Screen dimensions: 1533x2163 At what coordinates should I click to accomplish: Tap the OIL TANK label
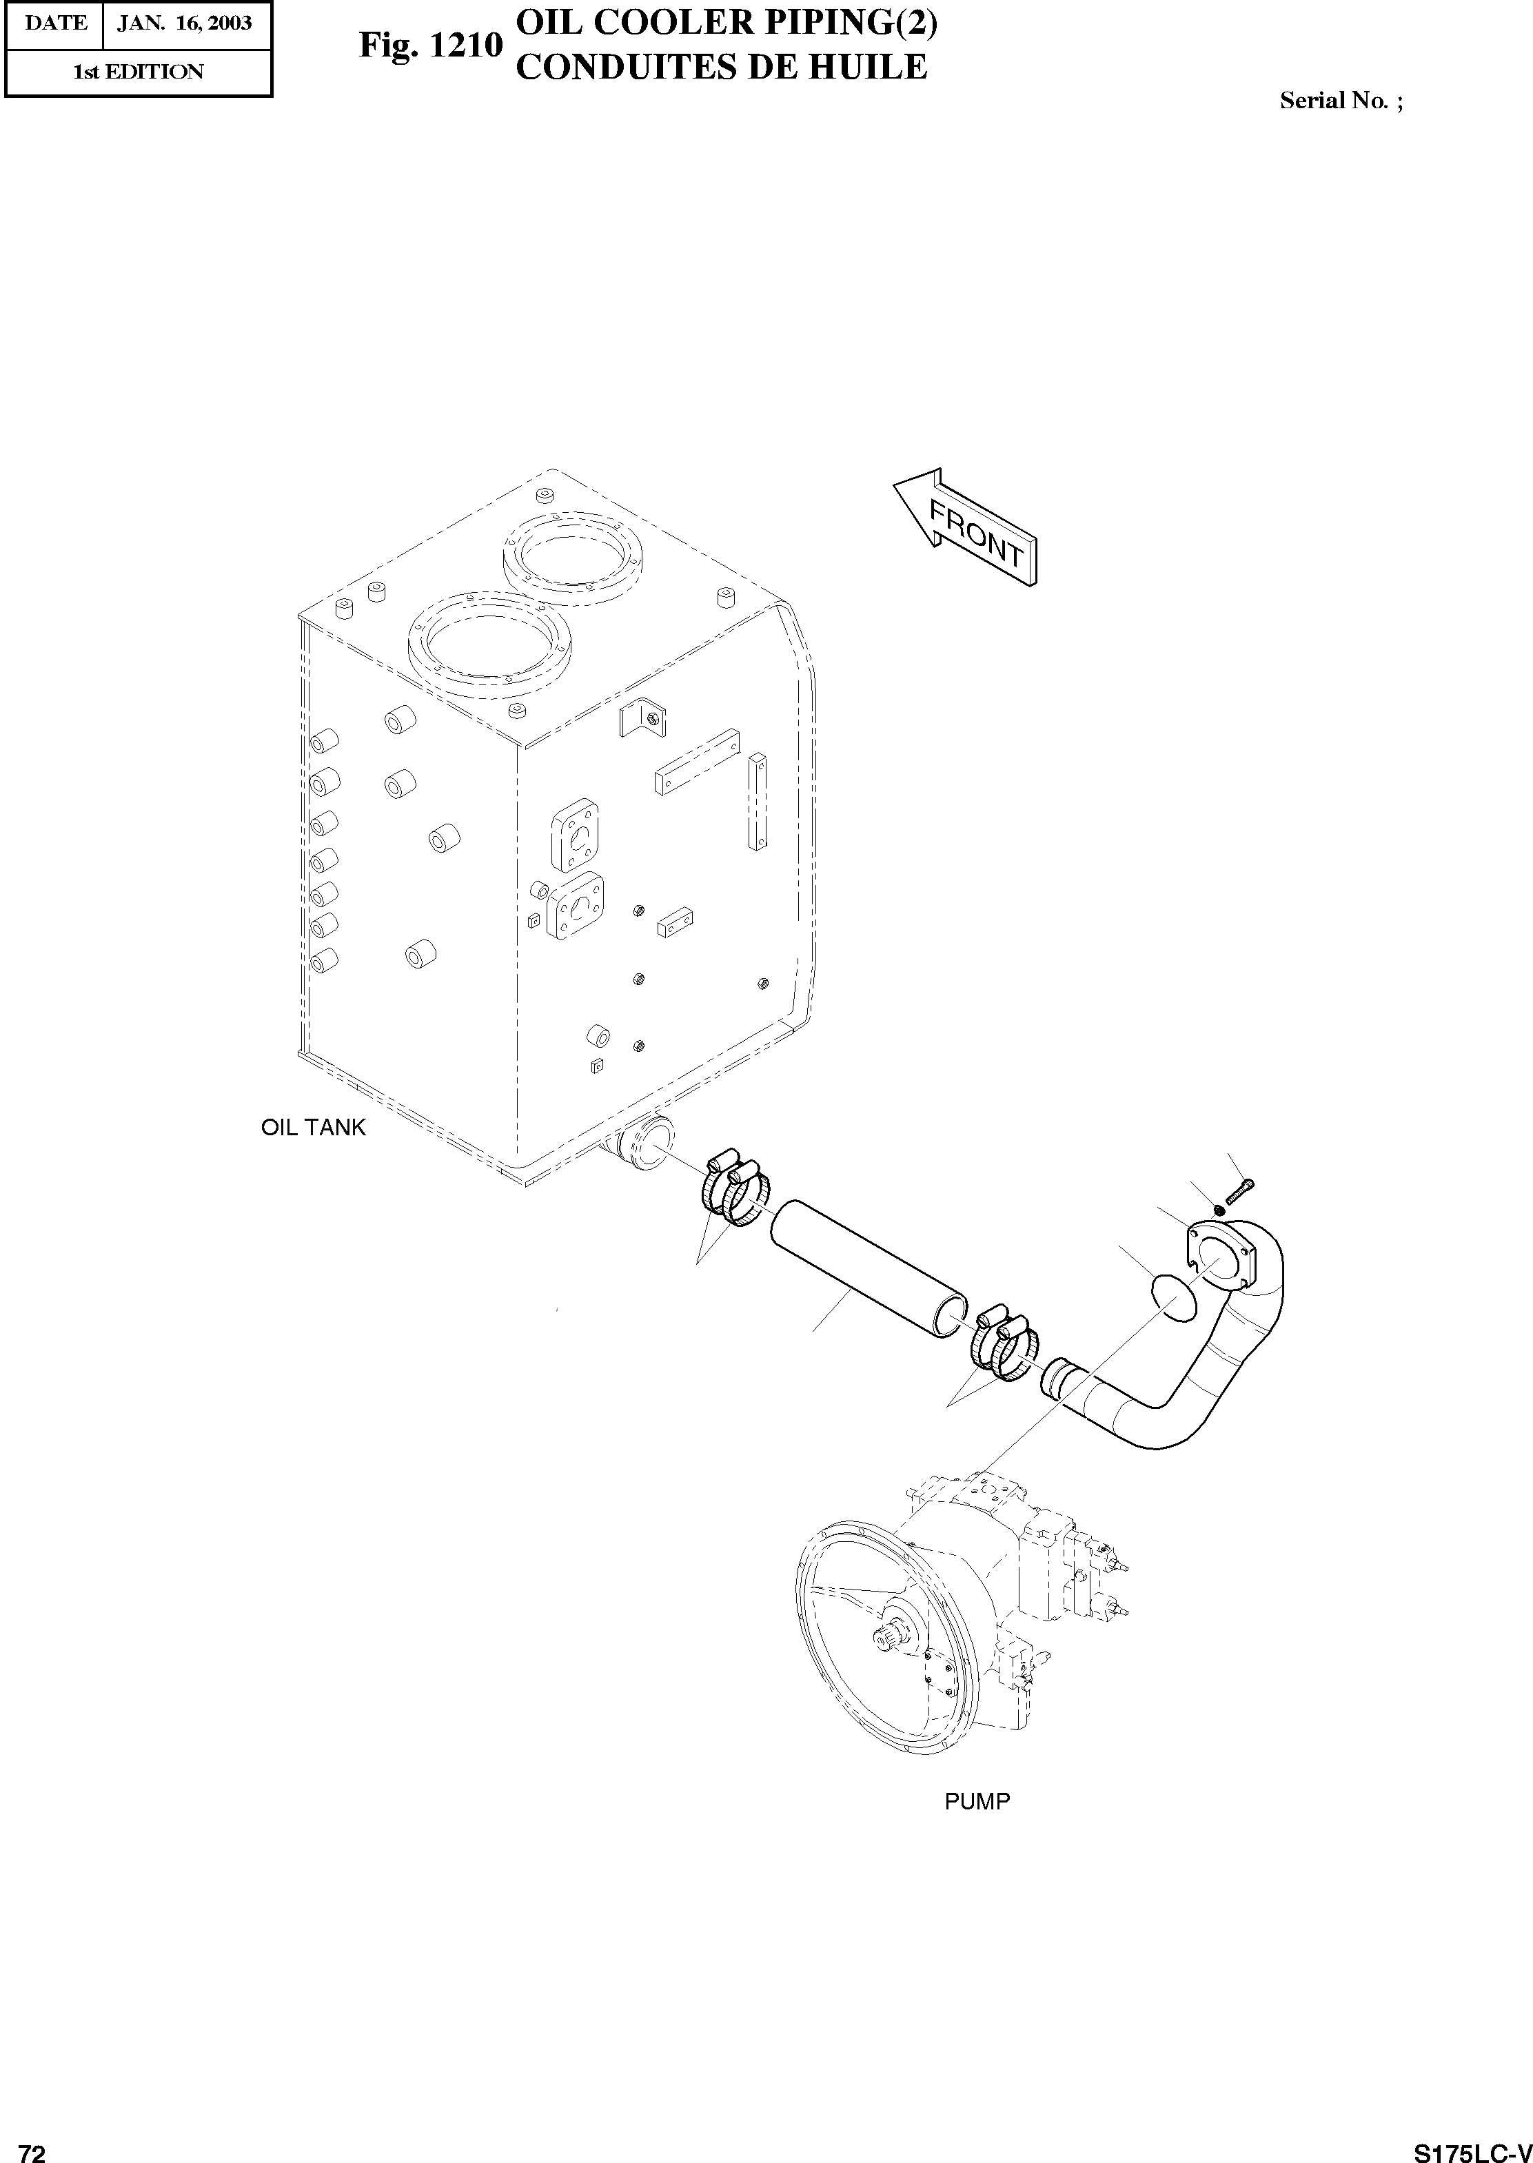(x=312, y=1128)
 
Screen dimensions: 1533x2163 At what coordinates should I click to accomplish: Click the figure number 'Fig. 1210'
(x=429, y=45)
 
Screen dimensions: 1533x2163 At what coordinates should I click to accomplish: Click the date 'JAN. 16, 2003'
(x=185, y=23)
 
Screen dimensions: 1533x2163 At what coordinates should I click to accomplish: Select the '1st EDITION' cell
(x=138, y=72)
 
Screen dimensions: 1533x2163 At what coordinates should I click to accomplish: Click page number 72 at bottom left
(x=32, y=2145)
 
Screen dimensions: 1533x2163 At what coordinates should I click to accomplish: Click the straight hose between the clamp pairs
(x=869, y=1269)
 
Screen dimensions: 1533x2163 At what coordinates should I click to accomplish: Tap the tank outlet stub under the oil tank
(x=640, y=1146)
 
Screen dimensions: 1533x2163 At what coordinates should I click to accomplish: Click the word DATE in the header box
(x=54, y=23)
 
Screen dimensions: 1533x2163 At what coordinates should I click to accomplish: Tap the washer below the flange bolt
(x=1219, y=1210)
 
